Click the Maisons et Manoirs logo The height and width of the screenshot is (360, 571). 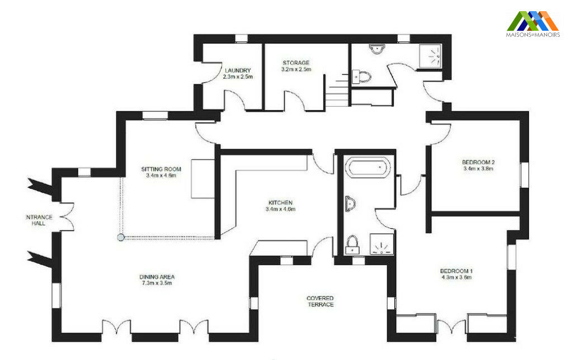533,23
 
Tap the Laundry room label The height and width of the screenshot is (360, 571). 238,70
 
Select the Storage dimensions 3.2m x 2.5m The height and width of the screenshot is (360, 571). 296,69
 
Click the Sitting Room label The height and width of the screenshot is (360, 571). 161,169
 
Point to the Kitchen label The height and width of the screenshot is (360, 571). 280,203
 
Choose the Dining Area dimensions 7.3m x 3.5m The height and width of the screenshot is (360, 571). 157,283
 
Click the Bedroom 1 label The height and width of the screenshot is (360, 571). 456,271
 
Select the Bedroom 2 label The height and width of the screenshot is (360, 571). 478,162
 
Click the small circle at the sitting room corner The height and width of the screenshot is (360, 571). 121,238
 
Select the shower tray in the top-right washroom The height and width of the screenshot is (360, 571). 430,56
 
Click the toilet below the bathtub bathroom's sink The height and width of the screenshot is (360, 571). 352,244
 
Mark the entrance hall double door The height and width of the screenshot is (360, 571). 67,216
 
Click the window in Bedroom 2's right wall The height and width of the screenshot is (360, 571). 524,175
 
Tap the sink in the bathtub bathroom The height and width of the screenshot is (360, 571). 351,203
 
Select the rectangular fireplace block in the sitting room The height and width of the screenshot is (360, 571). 203,178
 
